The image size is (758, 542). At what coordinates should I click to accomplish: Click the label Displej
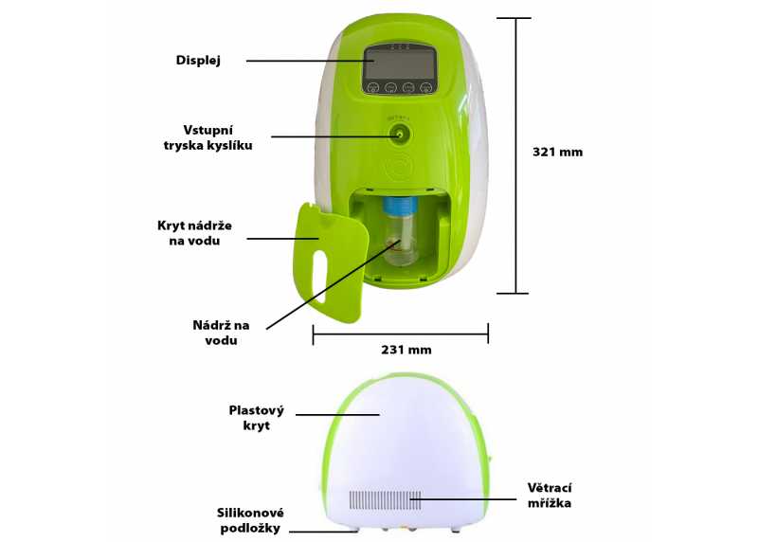[198, 61]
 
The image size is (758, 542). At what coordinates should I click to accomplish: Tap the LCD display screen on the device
[400, 64]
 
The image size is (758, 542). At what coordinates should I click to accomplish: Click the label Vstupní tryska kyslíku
[208, 137]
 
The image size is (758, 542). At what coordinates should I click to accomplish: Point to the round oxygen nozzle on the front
[399, 134]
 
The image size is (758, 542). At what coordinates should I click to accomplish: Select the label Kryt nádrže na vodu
[194, 233]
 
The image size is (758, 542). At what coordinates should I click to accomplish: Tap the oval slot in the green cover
[319, 276]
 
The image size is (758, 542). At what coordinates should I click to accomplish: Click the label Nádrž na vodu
[221, 333]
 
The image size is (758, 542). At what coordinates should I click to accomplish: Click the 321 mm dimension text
[558, 152]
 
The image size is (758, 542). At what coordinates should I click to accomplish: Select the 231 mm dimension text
[406, 350]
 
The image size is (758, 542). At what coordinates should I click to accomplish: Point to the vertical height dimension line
[515, 155]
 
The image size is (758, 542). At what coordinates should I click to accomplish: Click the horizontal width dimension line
[401, 334]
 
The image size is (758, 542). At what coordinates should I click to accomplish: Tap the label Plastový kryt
[256, 418]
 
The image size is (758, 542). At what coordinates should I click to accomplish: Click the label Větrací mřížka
[550, 496]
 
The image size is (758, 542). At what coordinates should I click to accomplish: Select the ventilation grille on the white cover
[386, 500]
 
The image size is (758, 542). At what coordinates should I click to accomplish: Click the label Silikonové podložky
[250, 520]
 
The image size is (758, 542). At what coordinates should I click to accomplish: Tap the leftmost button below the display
[372, 88]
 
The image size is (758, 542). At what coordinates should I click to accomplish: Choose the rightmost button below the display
[425, 88]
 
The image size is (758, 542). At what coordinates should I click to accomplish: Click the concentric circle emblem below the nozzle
[400, 166]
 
